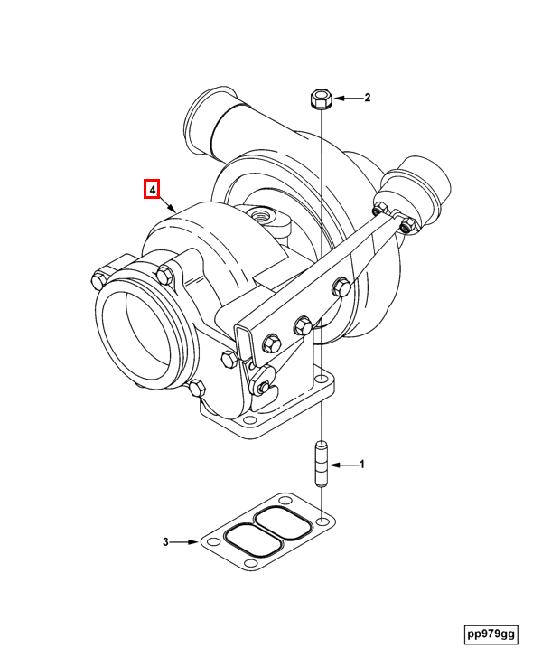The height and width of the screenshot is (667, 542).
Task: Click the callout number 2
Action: pyautogui.click(x=368, y=98)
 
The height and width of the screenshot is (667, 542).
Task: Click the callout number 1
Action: pyautogui.click(x=362, y=465)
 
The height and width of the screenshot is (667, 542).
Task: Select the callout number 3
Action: pyautogui.click(x=166, y=542)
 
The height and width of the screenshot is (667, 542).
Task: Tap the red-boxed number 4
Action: pyautogui.click(x=153, y=190)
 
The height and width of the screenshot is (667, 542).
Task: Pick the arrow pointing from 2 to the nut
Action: pyautogui.click(x=347, y=98)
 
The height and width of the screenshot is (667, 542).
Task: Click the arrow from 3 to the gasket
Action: pyautogui.click(x=185, y=542)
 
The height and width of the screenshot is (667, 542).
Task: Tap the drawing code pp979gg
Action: pyautogui.click(x=491, y=634)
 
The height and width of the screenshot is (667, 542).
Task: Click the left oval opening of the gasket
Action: pyautogui.click(x=246, y=540)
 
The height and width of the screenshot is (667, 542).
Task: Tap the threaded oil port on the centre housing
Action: pyautogui.click(x=266, y=217)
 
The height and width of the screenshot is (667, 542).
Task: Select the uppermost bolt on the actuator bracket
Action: pyautogui.click(x=341, y=288)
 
